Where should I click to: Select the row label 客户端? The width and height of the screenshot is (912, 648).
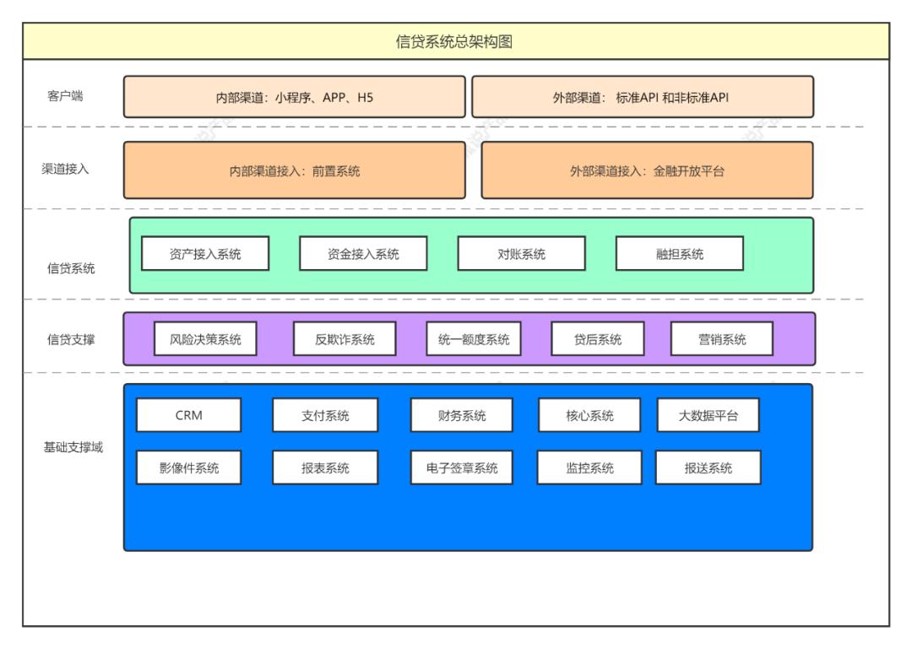65,96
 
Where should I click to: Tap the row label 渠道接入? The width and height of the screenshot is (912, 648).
65,169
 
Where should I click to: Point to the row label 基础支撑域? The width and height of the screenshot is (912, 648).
73,447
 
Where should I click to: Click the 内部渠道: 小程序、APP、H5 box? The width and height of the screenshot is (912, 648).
294,97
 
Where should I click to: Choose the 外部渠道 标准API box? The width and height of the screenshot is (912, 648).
642,97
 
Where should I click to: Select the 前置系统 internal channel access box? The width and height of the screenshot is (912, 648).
294,170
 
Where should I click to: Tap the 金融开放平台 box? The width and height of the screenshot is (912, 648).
647,170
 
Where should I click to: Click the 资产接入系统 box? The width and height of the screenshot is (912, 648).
205,254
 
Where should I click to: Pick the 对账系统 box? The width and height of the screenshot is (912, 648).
521,254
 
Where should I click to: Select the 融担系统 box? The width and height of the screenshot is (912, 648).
679,254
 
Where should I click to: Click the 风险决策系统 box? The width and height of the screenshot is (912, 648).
206,339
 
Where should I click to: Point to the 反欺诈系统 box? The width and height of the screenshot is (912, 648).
345,339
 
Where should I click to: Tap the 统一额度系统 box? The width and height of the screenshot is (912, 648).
474,339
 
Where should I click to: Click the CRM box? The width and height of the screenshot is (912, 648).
188,415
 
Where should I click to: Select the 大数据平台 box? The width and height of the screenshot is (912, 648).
708,415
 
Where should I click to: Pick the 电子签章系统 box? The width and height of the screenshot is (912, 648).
462,467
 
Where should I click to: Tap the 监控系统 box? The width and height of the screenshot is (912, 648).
589,467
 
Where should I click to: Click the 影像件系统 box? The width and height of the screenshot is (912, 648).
188,467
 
